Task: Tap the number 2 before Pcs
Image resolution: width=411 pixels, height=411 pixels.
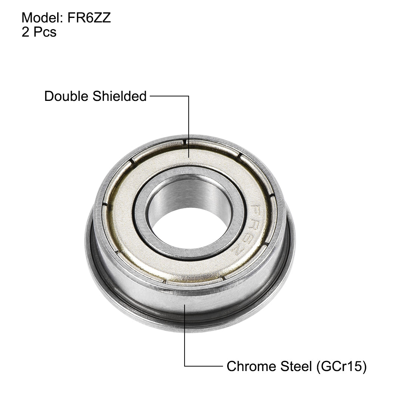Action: [x=25, y=32]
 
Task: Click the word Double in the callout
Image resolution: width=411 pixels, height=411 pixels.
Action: [x=66, y=96]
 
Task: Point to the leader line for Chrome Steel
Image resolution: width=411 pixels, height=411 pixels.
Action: [x=185, y=336]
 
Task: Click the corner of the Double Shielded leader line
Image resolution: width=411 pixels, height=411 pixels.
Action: [x=188, y=96]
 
